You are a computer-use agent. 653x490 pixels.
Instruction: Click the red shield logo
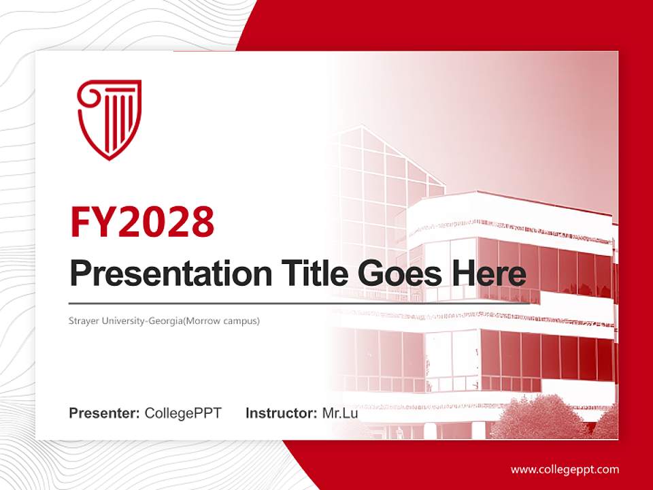tap(110, 119)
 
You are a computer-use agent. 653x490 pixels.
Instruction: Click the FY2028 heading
tap(142, 221)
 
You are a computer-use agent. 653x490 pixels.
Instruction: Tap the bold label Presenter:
tap(104, 413)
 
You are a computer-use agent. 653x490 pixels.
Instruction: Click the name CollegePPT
tap(183, 413)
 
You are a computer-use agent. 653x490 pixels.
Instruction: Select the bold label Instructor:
tap(281, 413)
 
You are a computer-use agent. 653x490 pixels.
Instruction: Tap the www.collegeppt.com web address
tap(565, 470)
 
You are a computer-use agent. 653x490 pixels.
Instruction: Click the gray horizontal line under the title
tap(204, 303)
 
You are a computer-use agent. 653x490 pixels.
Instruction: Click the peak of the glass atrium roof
tap(362, 127)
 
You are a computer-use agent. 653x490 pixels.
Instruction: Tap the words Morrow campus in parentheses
tap(231, 320)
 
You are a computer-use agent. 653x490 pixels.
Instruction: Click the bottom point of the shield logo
tap(110, 159)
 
